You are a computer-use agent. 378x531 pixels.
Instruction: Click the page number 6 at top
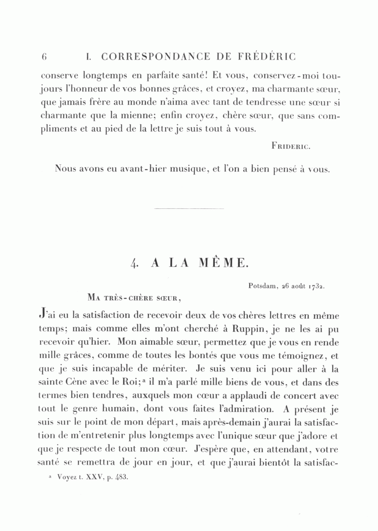(44, 56)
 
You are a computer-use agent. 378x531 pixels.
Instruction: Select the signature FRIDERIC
(291, 146)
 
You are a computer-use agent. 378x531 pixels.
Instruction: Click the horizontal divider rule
(189, 208)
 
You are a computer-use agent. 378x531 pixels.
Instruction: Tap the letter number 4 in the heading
(134, 263)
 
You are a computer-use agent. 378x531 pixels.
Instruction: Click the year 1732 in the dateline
(317, 286)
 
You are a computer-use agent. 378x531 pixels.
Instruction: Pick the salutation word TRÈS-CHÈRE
(125, 298)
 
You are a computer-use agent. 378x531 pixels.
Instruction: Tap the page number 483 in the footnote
(120, 477)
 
